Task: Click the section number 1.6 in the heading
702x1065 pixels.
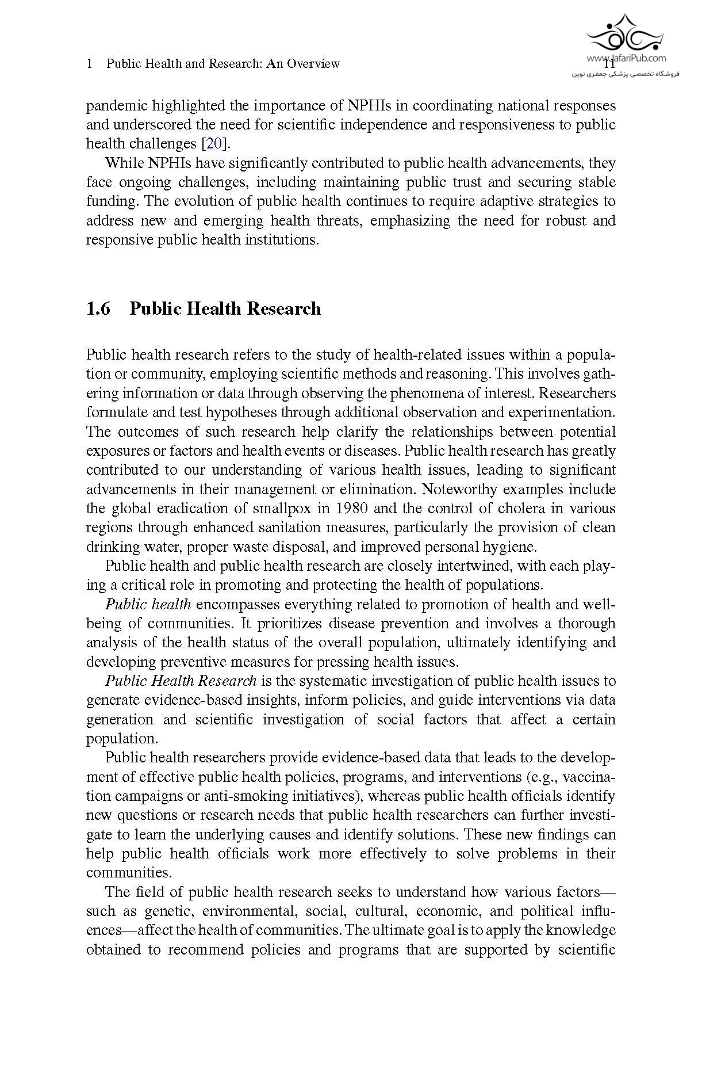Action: click(x=98, y=309)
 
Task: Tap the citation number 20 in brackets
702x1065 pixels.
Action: click(x=214, y=144)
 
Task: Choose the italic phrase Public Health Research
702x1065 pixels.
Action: click(x=181, y=681)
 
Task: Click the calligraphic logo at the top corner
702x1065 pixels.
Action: click(x=624, y=35)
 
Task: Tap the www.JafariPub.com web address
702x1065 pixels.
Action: click(x=626, y=58)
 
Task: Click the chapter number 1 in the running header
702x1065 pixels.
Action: click(x=89, y=64)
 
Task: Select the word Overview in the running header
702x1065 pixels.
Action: click(x=313, y=64)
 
